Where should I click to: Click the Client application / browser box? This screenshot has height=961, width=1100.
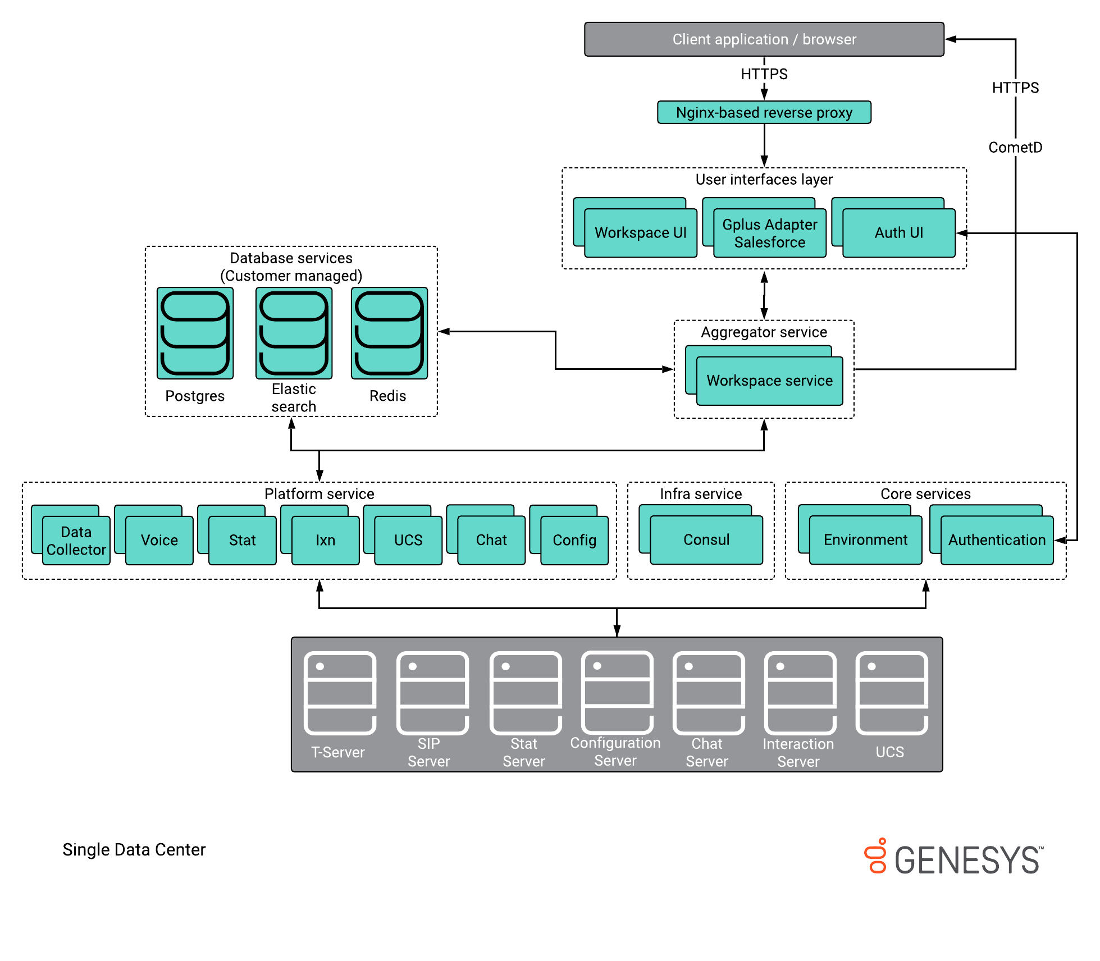(764, 39)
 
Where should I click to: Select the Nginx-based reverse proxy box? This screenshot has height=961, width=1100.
(764, 112)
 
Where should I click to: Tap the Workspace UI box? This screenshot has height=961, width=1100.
(640, 232)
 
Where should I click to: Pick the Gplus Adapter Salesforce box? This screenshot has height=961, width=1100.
(769, 233)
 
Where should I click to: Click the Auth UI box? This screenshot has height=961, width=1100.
(898, 232)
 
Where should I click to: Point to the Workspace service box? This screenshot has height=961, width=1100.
(769, 381)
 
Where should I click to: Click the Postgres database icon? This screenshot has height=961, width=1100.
(195, 333)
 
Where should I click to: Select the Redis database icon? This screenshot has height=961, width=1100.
(389, 333)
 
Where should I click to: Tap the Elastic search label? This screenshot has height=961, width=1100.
(294, 397)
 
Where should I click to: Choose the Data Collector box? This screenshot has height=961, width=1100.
(76, 540)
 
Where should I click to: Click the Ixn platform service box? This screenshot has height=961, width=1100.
(326, 540)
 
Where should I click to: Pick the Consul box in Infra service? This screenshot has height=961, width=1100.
(706, 539)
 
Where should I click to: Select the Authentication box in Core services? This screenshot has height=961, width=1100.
(997, 539)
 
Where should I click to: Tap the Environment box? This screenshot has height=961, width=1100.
(865, 539)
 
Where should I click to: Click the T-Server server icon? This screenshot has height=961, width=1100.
(340, 693)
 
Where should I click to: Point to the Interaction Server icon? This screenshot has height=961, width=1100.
(800, 693)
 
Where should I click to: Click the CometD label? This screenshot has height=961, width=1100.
(1015, 147)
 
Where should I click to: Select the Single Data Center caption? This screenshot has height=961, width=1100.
(134, 849)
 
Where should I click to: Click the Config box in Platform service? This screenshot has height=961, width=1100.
(574, 540)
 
